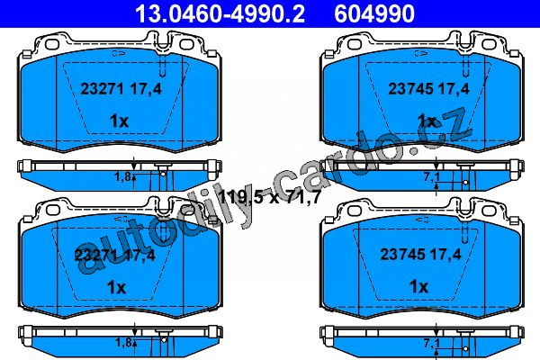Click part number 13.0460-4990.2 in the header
(220, 13)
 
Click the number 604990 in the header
(374, 13)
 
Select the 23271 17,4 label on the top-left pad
(121, 89)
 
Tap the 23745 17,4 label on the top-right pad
(428, 89)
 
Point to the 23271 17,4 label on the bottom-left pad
(114, 256)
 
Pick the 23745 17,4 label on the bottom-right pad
(420, 255)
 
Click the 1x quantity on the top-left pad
(119, 121)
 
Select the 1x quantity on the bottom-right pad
(418, 286)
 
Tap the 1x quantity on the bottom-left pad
(116, 287)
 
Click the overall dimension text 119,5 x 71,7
(270, 197)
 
